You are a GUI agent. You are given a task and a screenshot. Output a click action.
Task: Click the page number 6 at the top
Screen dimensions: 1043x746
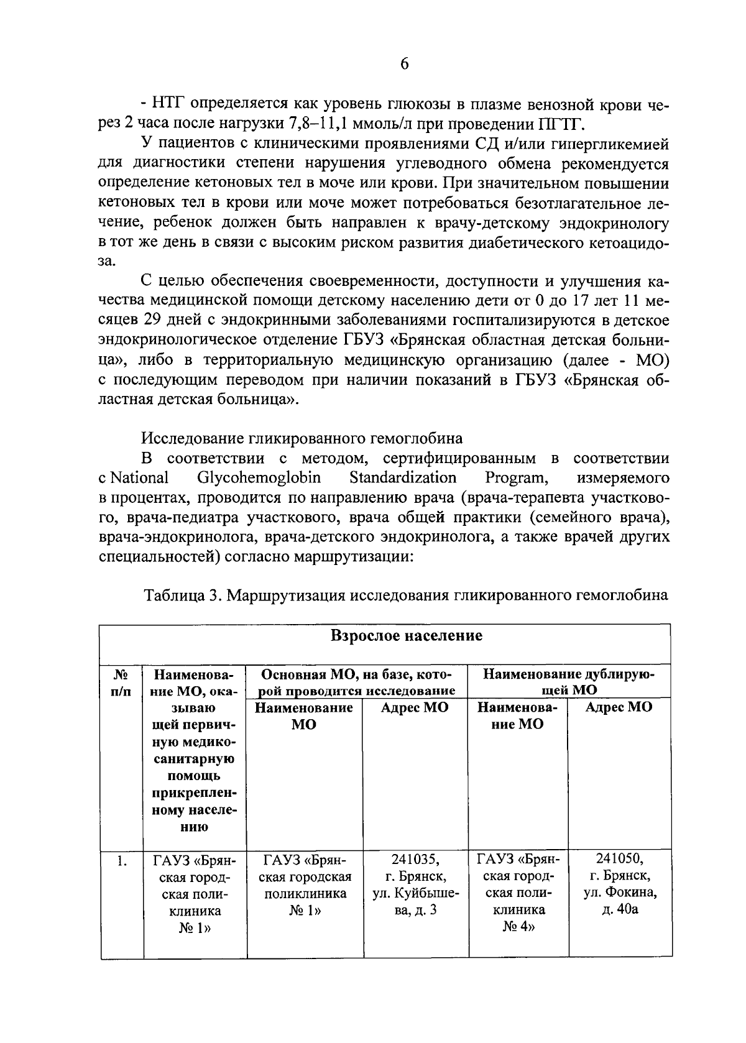[x=404, y=65]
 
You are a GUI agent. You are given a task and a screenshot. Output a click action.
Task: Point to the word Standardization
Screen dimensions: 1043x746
[x=402, y=477]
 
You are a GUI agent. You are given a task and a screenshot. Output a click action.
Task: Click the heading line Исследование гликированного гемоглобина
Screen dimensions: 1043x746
[x=302, y=438]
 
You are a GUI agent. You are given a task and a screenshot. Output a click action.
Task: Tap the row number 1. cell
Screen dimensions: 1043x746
[x=122, y=862]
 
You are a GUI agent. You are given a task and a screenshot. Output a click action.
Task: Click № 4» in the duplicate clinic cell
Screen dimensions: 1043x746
[x=518, y=927]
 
